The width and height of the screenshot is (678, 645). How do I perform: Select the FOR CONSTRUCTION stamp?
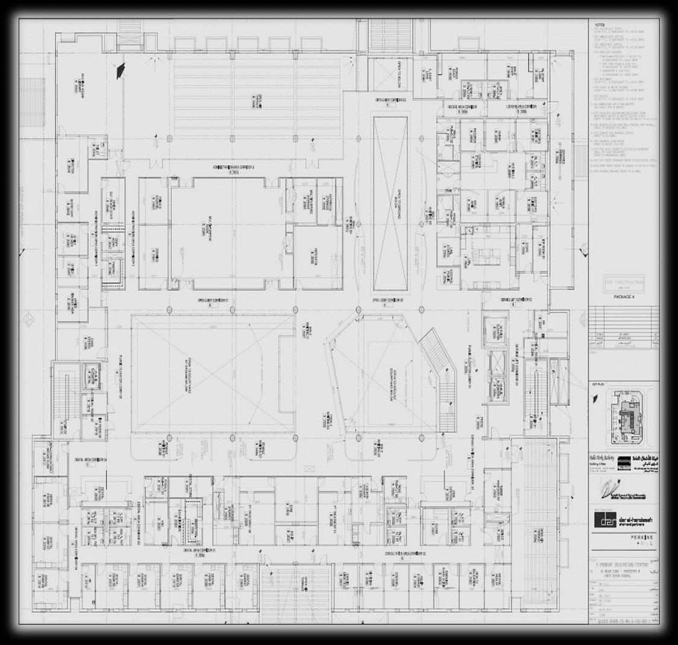[623, 282]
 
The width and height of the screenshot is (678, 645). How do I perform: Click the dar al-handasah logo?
[623, 519]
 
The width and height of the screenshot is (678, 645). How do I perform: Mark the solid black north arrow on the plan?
[121, 70]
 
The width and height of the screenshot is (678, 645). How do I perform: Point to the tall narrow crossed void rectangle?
[390, 203]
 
